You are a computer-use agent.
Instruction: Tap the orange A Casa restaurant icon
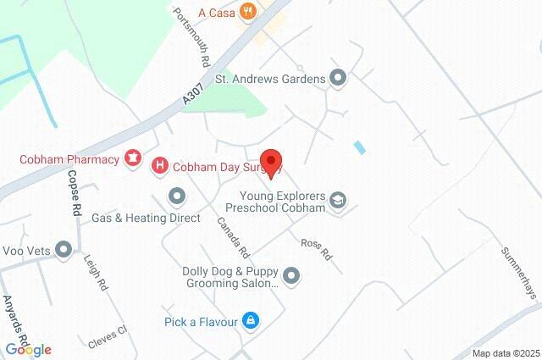(x=247, y=11)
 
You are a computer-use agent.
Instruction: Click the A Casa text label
(x=216, y=12)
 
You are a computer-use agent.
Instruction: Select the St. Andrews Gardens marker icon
(x=339, y=79)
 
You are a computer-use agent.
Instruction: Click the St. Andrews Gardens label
(x=270, y=80)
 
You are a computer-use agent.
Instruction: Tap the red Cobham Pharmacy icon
(x=132, y=158)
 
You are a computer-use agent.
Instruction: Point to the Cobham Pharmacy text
(x=69, y=158)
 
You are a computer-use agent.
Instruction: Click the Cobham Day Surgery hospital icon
(x=159, y=166)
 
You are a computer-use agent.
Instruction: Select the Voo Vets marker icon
(x=64, y=249)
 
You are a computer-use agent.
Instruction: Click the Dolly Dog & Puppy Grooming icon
(x=292, y=275)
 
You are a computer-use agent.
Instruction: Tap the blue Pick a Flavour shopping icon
(x=250, y=321)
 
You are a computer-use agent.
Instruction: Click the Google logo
(x=28, y=349)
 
